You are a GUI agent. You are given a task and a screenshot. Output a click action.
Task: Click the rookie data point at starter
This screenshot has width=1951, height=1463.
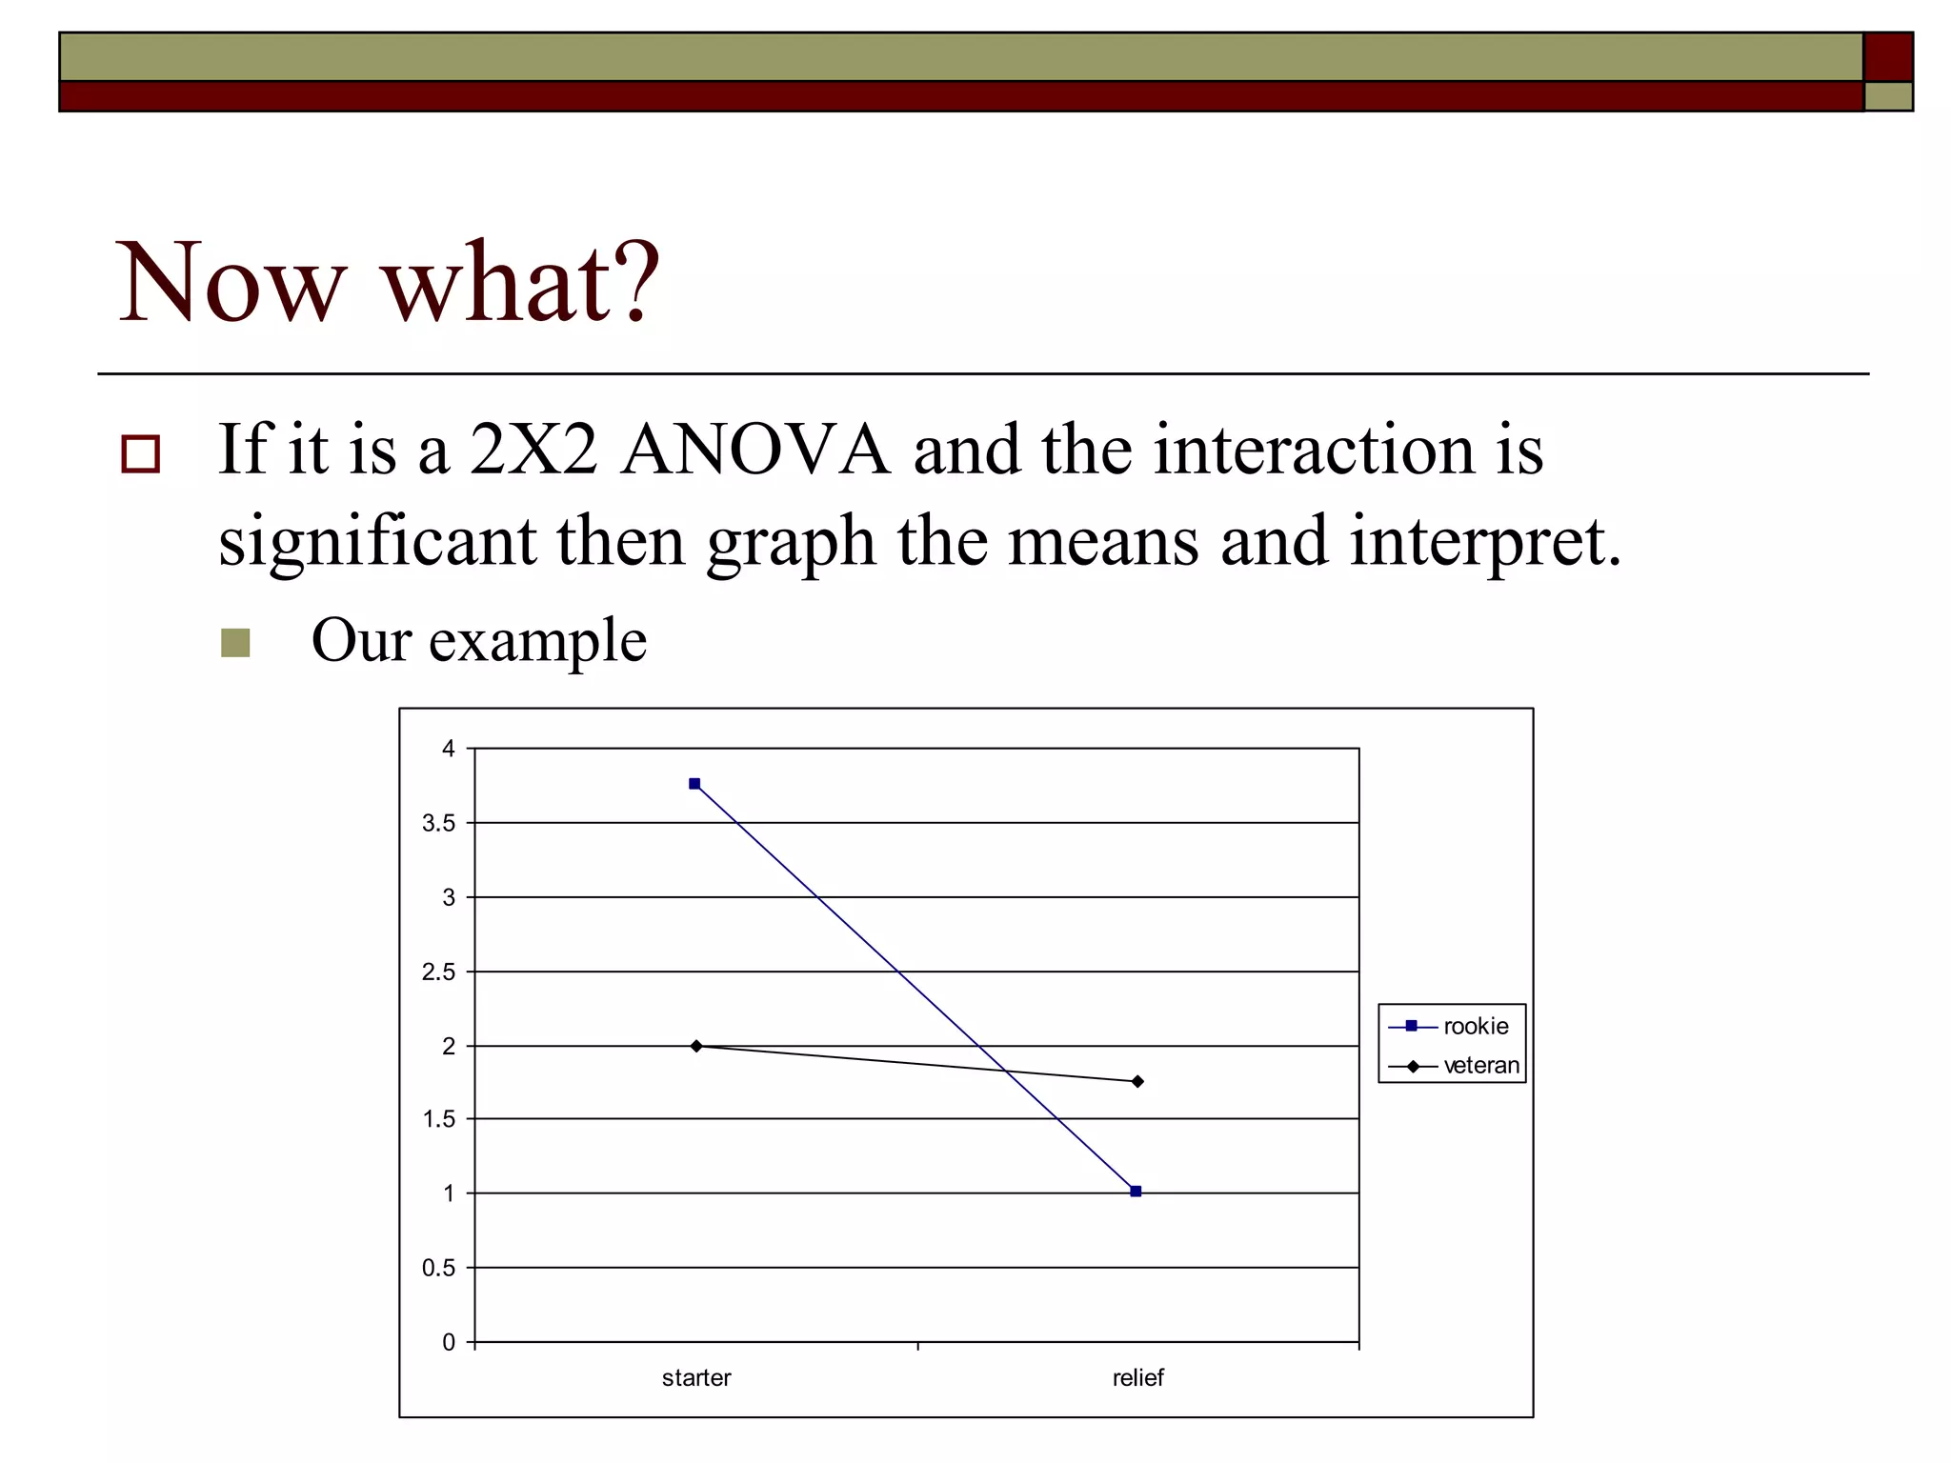(694, 784)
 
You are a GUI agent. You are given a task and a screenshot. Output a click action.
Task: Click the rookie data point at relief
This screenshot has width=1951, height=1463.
(1136, 1191)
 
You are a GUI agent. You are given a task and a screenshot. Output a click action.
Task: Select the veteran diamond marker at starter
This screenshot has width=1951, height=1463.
(696, 1046)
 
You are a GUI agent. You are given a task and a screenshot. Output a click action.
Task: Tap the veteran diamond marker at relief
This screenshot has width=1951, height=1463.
(1137, 1081)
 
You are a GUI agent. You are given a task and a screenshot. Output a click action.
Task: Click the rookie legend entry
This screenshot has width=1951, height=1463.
(1475, 1026)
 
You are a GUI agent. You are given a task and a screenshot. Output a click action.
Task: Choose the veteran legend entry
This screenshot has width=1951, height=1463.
(1480, 1066)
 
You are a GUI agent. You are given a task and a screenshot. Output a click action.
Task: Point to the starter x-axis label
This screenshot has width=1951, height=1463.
(696, 1377)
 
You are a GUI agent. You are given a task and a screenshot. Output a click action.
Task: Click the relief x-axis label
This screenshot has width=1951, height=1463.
(1137, 1377)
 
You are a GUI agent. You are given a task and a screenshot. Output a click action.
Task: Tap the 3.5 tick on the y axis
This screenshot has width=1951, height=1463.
(438, 823)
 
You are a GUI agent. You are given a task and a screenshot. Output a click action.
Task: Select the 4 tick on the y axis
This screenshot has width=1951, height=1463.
(449, 749)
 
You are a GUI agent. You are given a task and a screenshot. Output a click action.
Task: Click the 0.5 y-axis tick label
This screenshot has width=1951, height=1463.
(438, 1268)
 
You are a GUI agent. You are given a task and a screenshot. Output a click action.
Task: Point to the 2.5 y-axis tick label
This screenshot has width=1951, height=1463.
(438, 972)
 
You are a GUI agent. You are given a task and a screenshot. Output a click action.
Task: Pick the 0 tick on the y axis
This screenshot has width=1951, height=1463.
(449, 1342)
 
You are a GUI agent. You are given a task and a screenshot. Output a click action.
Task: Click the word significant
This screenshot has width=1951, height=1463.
(377, 541)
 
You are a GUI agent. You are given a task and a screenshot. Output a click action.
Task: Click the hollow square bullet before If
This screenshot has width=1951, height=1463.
(141, 454)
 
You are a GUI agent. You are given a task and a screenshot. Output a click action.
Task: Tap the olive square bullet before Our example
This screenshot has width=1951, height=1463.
(235, 643)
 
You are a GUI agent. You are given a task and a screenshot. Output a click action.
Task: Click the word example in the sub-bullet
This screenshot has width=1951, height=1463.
(537, 641)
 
